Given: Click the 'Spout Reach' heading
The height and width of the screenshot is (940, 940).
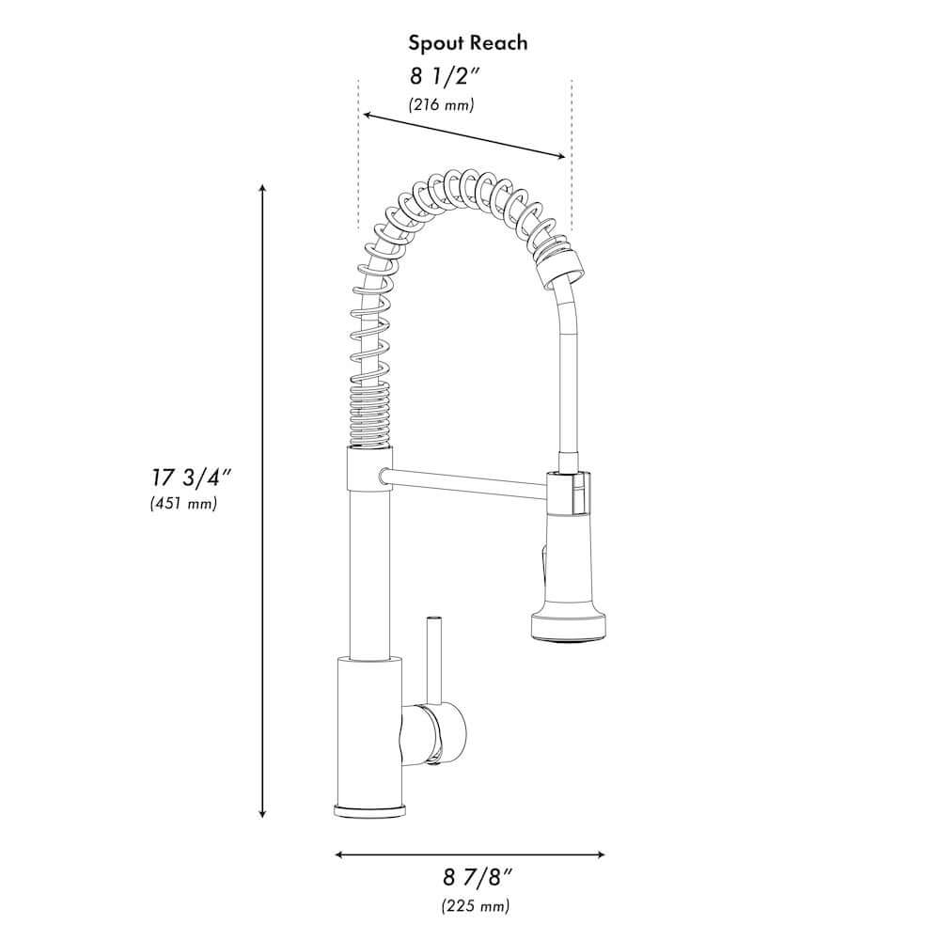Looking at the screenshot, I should pos(467,42).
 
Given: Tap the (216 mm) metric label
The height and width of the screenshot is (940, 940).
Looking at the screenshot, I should pos(441,105).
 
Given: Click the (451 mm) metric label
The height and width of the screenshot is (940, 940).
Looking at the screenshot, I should pos(183,504).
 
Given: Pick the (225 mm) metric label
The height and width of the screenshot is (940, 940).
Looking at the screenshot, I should pos(476,907).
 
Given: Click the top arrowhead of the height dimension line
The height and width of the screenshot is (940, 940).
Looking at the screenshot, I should pos(262,191).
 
